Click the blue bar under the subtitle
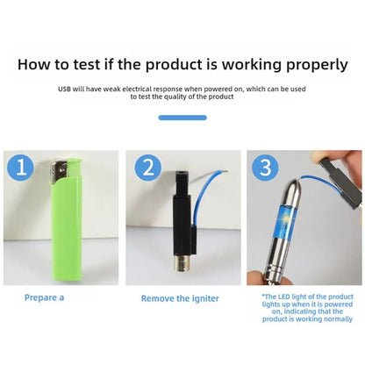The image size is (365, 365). (x=182, y=117)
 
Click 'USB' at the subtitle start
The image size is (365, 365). (x=66, y=89)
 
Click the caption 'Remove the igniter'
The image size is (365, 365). (x=182, y=298)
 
